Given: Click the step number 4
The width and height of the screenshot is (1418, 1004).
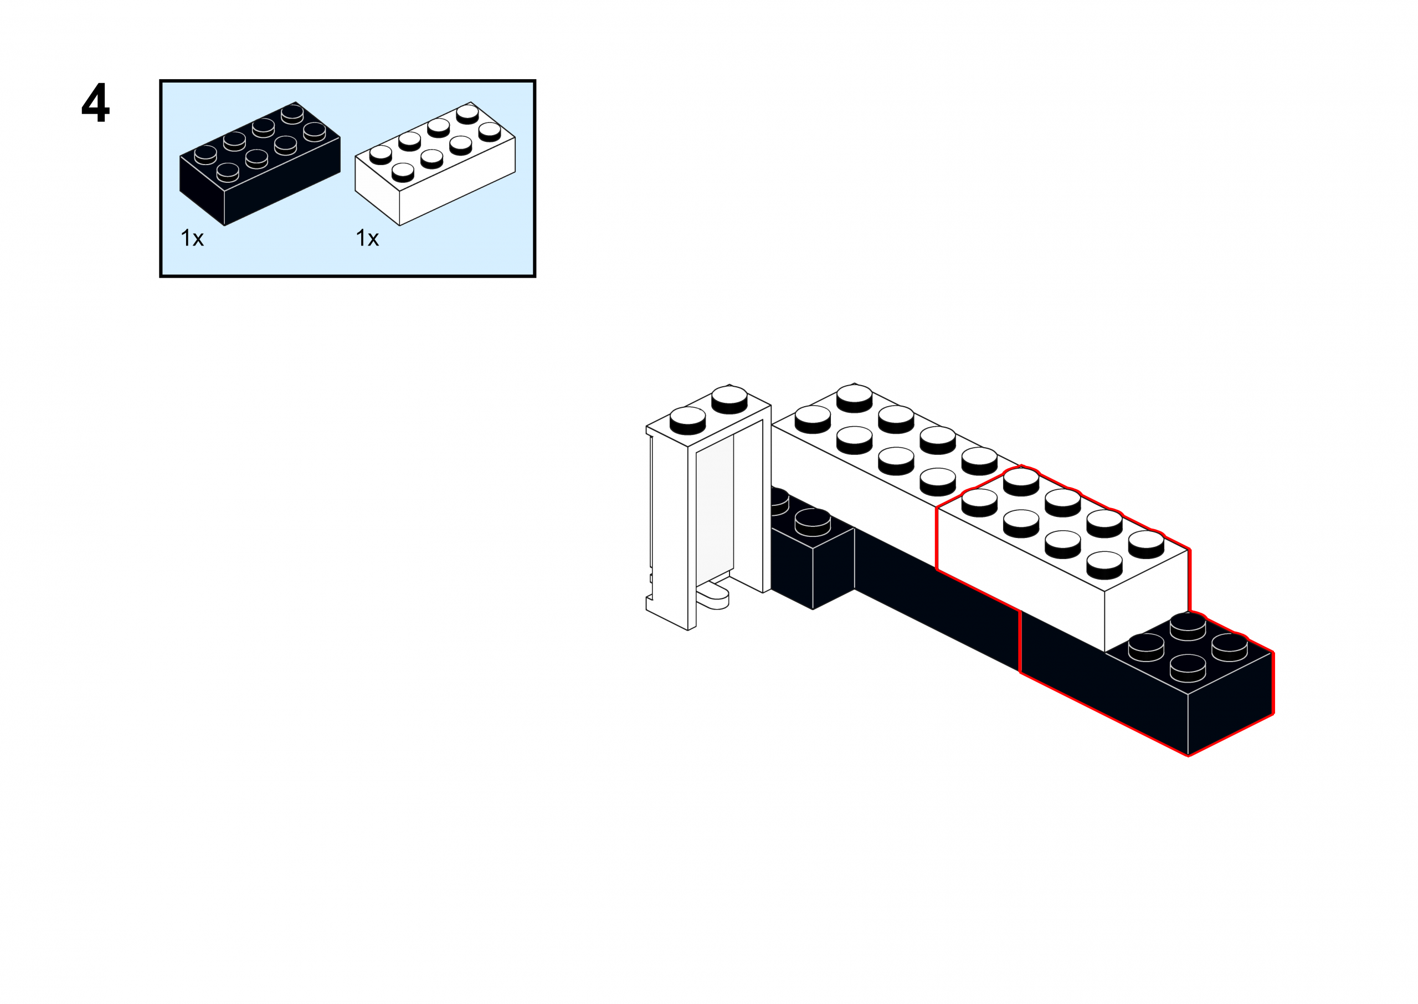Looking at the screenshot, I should (x=96, y=103).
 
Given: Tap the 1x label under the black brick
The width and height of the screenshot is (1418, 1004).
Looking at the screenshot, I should (x=192, y=238).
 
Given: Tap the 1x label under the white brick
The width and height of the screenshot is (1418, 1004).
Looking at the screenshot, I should (x=367, y=238).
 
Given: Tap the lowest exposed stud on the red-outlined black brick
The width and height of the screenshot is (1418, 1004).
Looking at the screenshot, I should (x=1188, y=668).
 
